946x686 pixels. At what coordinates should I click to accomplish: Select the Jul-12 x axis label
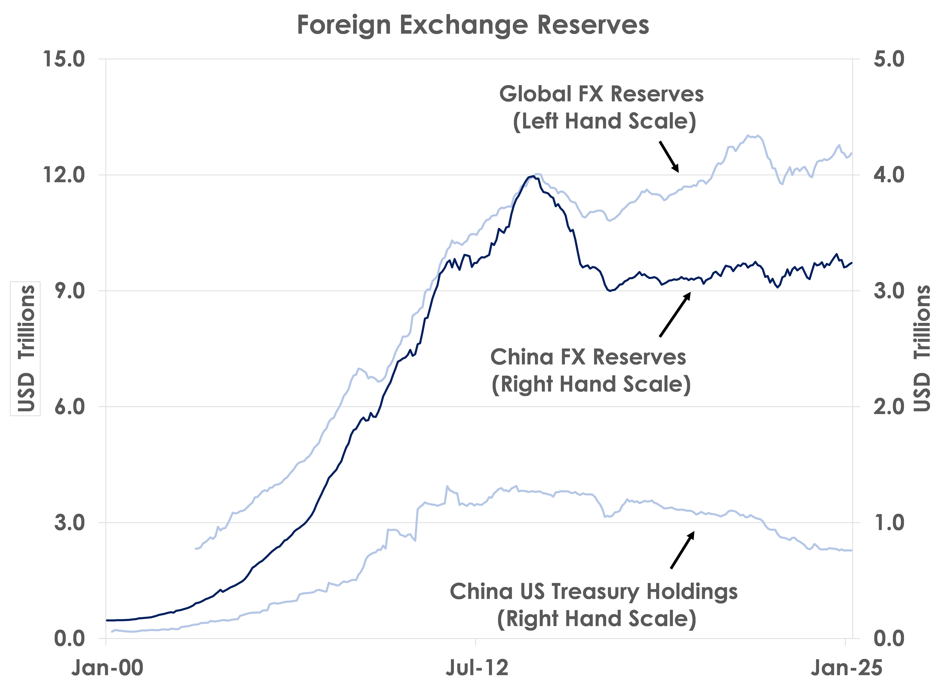point(477,668)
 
